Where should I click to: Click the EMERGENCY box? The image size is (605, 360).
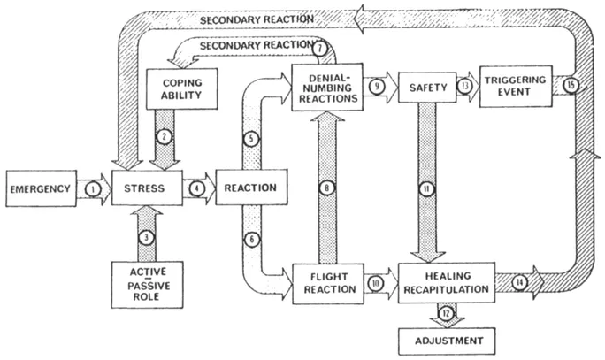39,188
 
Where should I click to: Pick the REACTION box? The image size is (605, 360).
250,188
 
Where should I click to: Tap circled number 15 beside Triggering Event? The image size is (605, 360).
571,86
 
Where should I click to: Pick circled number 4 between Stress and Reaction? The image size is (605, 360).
198,188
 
